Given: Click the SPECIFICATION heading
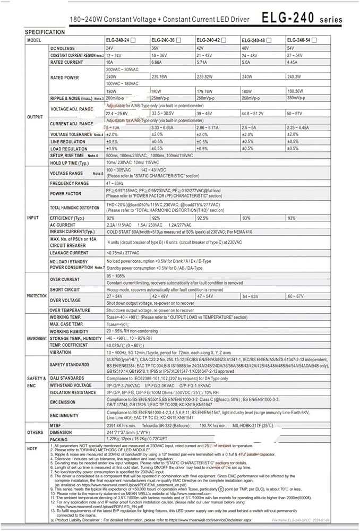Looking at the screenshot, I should [x=45, y=32].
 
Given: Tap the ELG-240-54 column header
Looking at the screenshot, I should [x=303, y=40].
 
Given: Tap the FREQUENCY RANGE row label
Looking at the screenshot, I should [x=70, y=183].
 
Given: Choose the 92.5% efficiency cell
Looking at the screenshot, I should [x=203, y=218].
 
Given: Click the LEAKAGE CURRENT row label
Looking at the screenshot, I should [x=69, y=253].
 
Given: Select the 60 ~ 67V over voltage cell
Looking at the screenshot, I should [x=296, y=296].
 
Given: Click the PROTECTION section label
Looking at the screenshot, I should [x=37, y=296].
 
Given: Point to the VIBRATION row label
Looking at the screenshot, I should [x=61, y=352].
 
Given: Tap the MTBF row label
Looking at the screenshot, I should [x=56, y=425].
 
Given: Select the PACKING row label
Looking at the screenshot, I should [x=59, y=440].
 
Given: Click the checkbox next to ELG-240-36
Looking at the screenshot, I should [x=179, y=40].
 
